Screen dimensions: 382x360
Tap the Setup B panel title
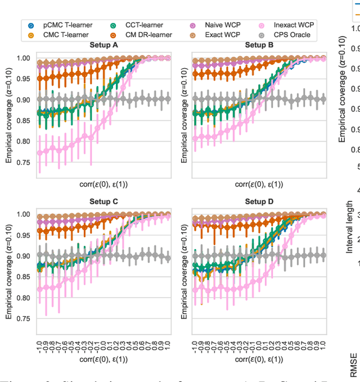tap(259, 46)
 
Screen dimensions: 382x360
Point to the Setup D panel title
tap(259, 201)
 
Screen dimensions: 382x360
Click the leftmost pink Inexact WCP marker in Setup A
tap(40, 152)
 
